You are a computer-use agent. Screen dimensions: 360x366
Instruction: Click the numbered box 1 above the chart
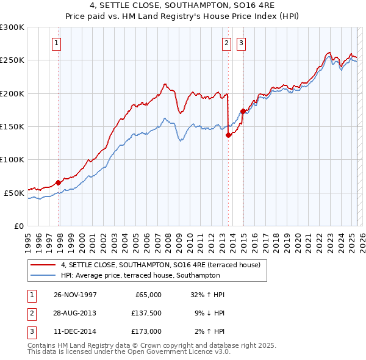tap(56, 43)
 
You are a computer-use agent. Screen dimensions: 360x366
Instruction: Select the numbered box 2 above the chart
tap(226, 43)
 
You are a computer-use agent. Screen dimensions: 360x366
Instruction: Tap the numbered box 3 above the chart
tap(241, 43)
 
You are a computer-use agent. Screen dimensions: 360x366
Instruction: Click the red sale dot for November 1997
tap(59, 182)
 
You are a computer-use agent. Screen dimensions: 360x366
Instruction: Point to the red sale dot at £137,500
tap(228, 135)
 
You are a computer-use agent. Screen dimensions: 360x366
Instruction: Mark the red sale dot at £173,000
tap(243, 111)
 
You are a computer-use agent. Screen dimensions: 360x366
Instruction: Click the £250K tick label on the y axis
tap(12, 60)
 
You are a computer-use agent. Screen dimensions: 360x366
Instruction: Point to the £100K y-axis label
tap(12, 159)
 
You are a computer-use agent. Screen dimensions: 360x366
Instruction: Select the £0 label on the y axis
tap(19, 226)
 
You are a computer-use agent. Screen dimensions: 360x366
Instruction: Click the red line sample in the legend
tap(42, 265)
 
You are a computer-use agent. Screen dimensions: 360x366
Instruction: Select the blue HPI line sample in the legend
tap(42, 276)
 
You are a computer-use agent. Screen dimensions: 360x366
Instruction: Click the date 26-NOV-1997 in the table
tap(76, 295)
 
